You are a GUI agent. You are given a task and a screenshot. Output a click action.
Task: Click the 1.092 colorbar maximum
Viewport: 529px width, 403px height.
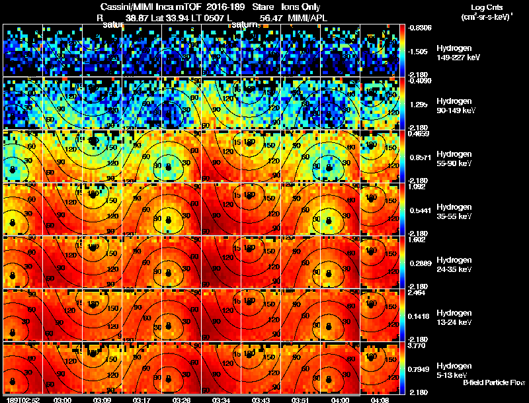coord(415,187)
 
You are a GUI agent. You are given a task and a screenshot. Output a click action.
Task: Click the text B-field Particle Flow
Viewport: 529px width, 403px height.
coord(493,382)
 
